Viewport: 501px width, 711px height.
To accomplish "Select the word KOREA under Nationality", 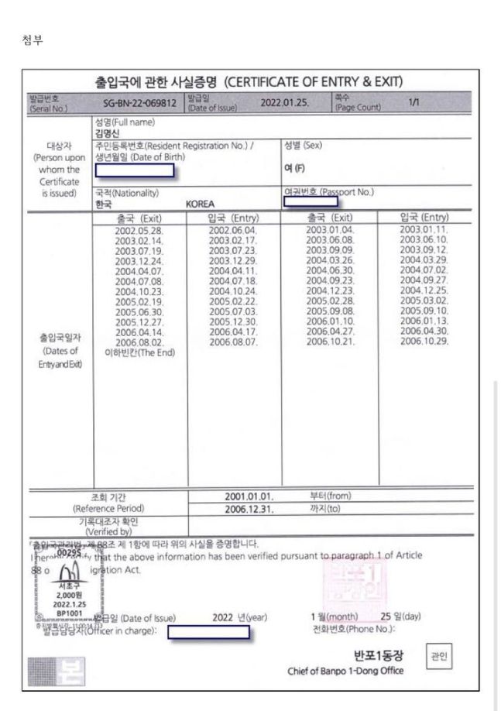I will (x=200, y=204).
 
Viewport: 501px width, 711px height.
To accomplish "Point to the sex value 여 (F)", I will (x=293, y=167).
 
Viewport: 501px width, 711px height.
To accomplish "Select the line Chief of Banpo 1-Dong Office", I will (x=345, y=671).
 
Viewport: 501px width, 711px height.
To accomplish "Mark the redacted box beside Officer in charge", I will (x=208, y=632).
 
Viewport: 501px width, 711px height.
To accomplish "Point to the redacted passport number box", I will (x=311, y=201).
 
